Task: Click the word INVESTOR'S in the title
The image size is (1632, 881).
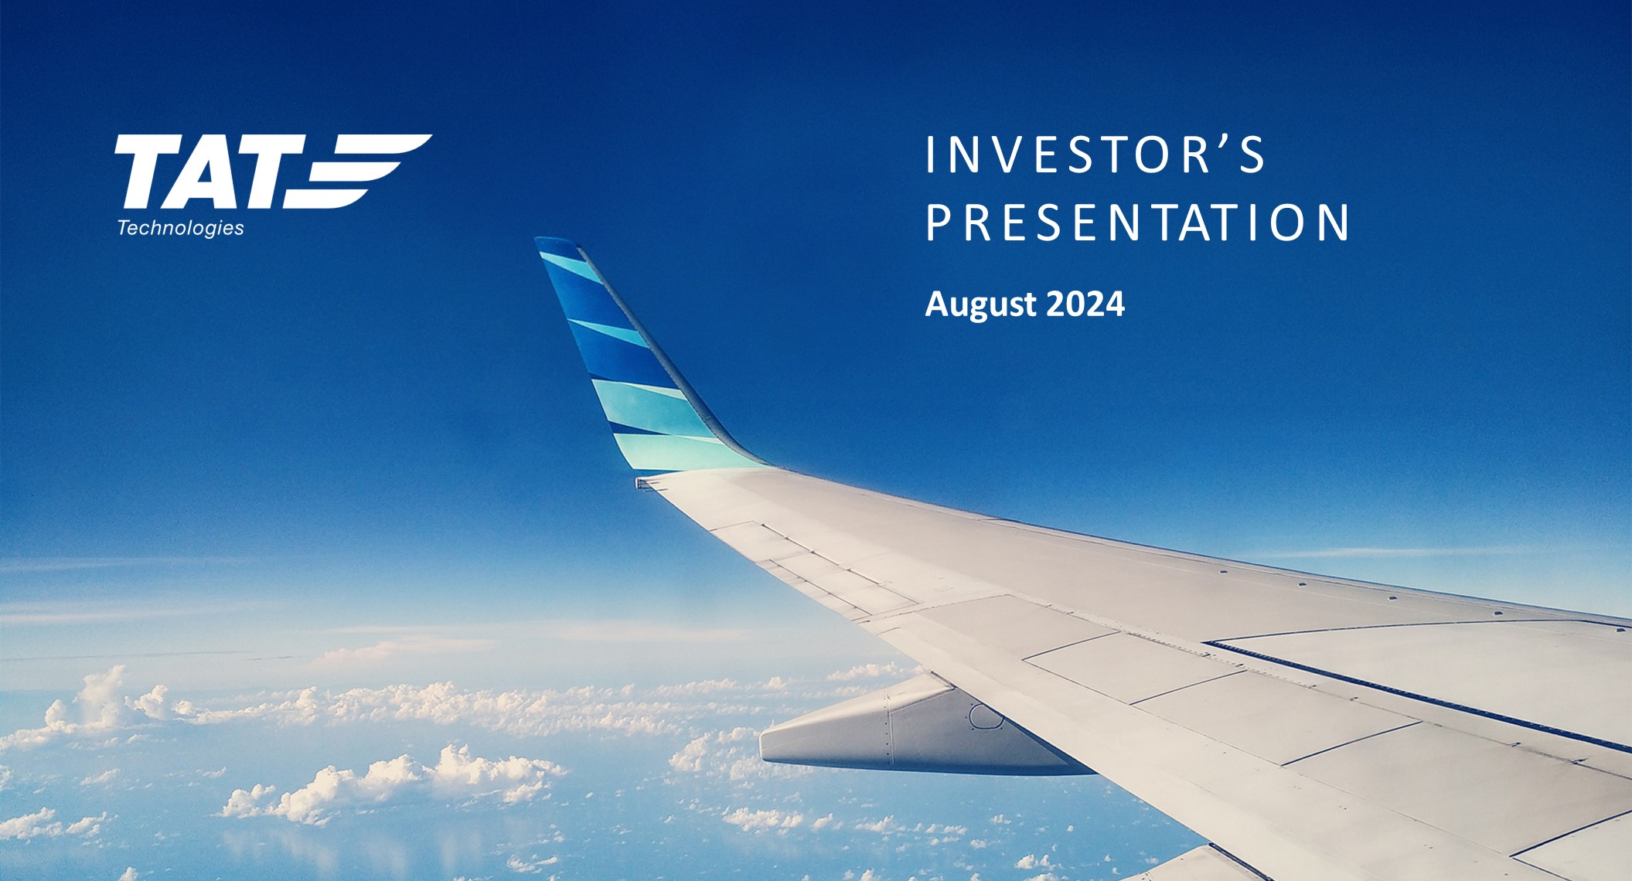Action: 1095,155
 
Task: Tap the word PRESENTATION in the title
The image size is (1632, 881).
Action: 1137,223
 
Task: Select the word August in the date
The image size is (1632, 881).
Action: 981,305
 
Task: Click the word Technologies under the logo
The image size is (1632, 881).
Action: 181,228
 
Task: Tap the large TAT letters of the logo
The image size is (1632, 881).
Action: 209,172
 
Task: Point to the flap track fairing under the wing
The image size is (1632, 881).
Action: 912,730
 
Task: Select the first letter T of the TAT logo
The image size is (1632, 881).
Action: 147,172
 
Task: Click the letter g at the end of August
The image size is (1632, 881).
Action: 997,308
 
